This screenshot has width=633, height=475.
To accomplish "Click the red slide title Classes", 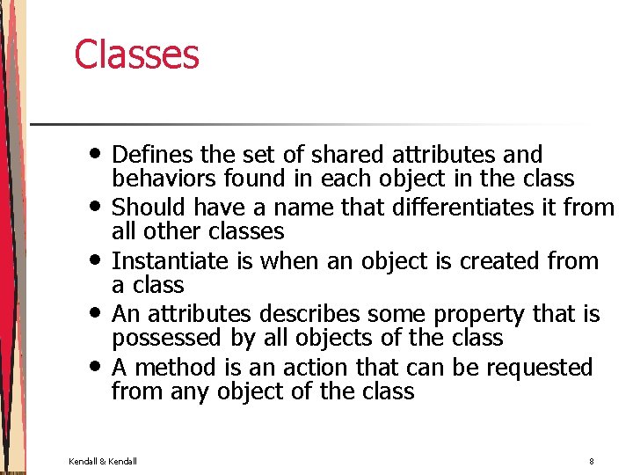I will pyautogui.click(x=136, y=55).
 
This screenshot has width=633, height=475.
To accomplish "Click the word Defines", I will pyautogui.click(x=154, y=156).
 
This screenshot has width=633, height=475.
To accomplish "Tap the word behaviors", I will pyautogui.click(x=166, y=179).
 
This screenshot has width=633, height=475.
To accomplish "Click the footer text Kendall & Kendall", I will pyautogui.click(x=103, y=461).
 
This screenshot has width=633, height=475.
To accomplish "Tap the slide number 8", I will pyautogui.click(x=592, y=461).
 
